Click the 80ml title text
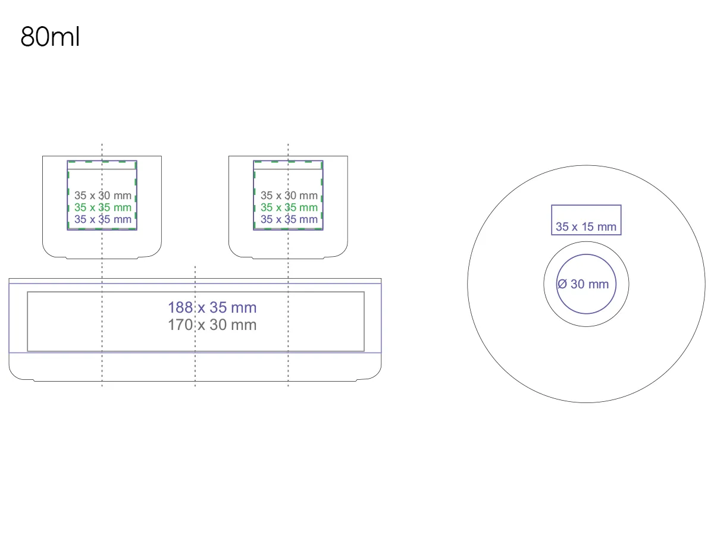50,37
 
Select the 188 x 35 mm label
212,307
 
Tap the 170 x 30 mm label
212,325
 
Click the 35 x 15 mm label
586,226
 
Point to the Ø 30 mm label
583,284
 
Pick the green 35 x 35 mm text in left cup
103,207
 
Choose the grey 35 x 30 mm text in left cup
103,196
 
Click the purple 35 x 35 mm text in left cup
103,219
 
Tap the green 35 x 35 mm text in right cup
289,207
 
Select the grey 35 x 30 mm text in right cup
289,196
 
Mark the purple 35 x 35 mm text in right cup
289,219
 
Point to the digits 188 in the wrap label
180,307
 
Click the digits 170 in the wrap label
180,325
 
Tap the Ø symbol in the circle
562,284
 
